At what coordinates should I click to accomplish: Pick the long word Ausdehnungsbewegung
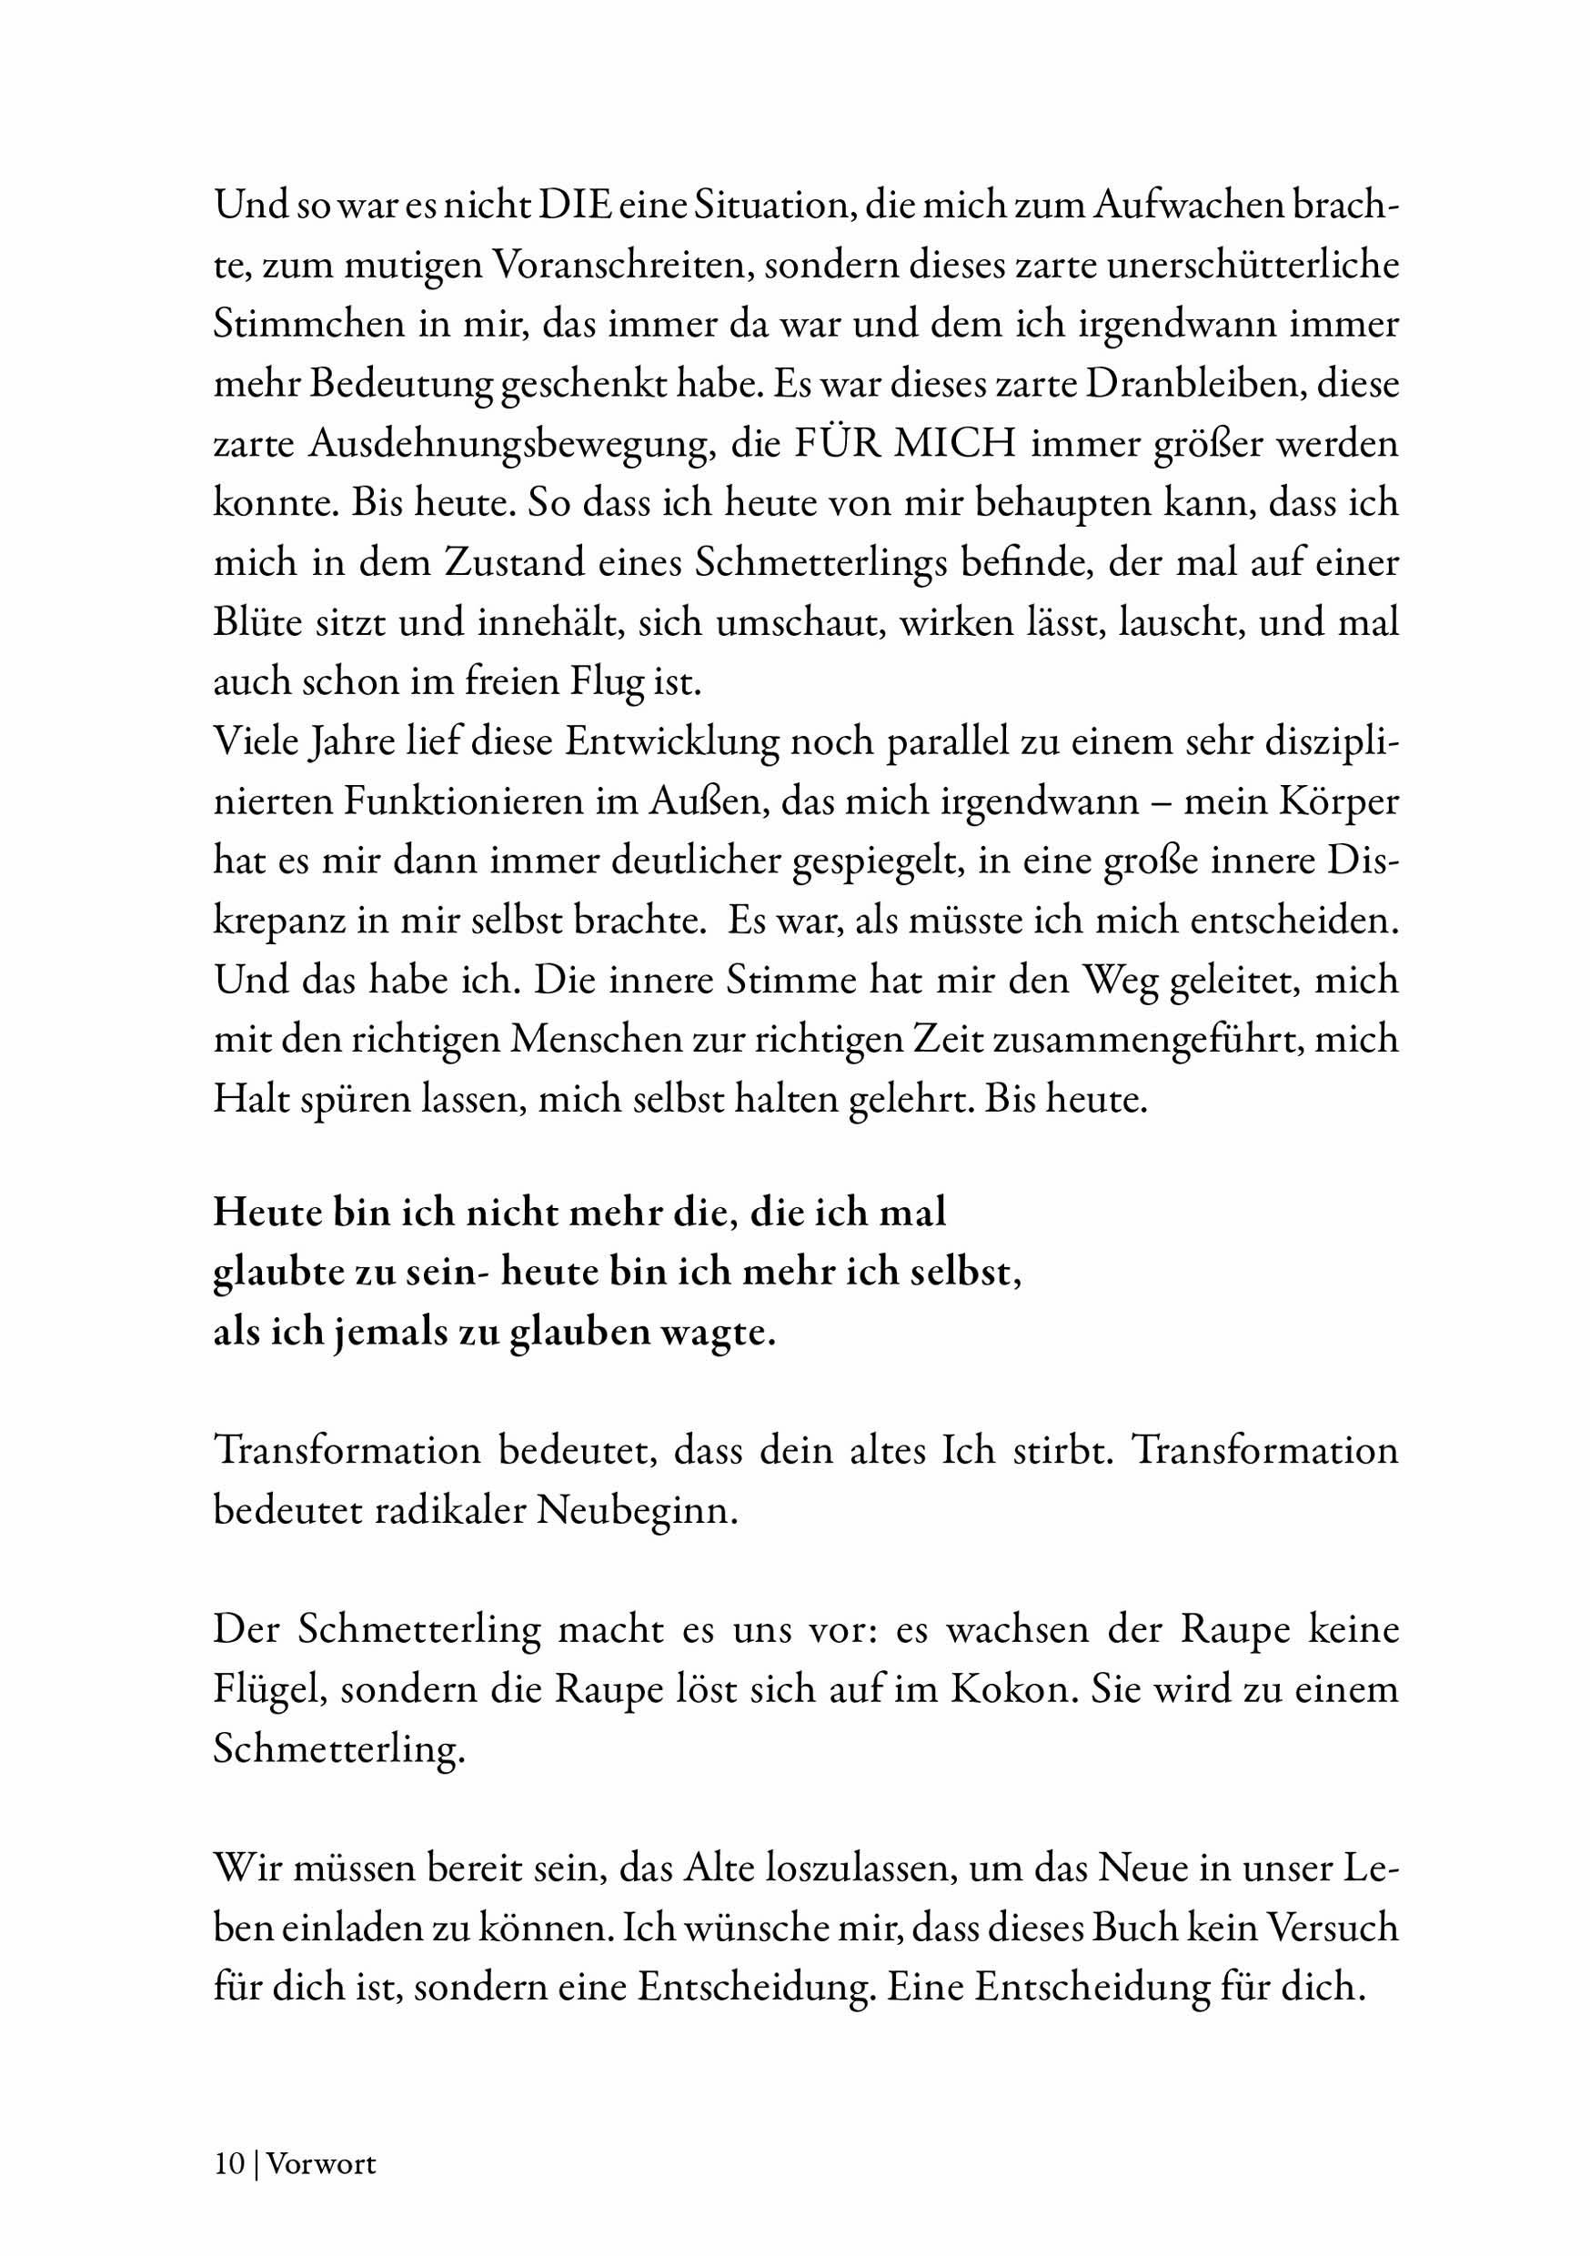510,444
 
